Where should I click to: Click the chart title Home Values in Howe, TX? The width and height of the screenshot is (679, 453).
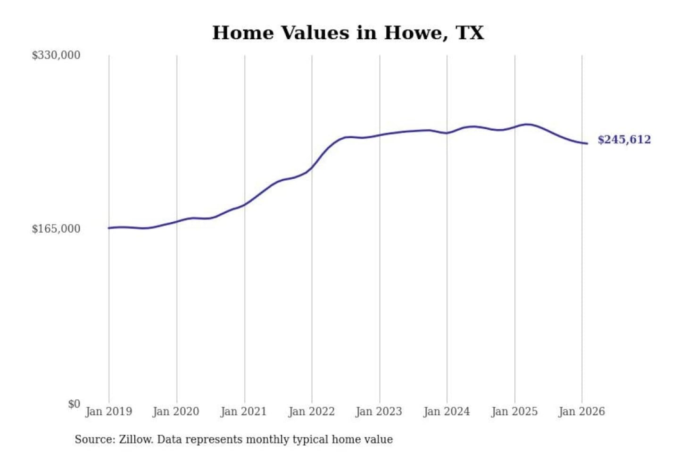click(x=348, y=33)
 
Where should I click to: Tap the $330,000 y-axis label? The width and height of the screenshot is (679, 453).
click(x=56, y=55)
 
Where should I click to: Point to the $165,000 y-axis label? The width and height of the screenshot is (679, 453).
click(x=56, y=229)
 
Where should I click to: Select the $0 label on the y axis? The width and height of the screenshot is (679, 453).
click(x=74, y=404)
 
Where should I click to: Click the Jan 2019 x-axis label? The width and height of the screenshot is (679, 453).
click(x=108, y=411)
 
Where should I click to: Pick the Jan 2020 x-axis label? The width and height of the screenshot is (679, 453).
click(x=176, y=411)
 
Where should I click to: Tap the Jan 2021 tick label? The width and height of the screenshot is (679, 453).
click(x=244, y=411)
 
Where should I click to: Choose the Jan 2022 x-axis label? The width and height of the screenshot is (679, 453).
click(x=311, y=411)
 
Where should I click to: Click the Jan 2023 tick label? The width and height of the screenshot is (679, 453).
click(x=379, y=411)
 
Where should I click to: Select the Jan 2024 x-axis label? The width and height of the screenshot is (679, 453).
click(x=447, y=411)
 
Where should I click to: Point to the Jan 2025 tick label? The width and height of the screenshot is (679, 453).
click(x=514, y=411)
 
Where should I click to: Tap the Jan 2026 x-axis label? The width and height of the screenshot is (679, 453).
click(x=581, y=411)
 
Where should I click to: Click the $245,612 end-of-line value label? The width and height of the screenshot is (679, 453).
click(x=624, y=140)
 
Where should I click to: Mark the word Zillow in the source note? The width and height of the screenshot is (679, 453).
click(x=136, y=439)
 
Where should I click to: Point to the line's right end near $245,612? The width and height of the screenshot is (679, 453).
click(x=587, y=143)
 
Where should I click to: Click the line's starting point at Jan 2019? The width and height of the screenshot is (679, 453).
click(x=109, y=228)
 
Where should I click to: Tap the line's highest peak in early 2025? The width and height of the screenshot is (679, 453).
click(x=528, y=125)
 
